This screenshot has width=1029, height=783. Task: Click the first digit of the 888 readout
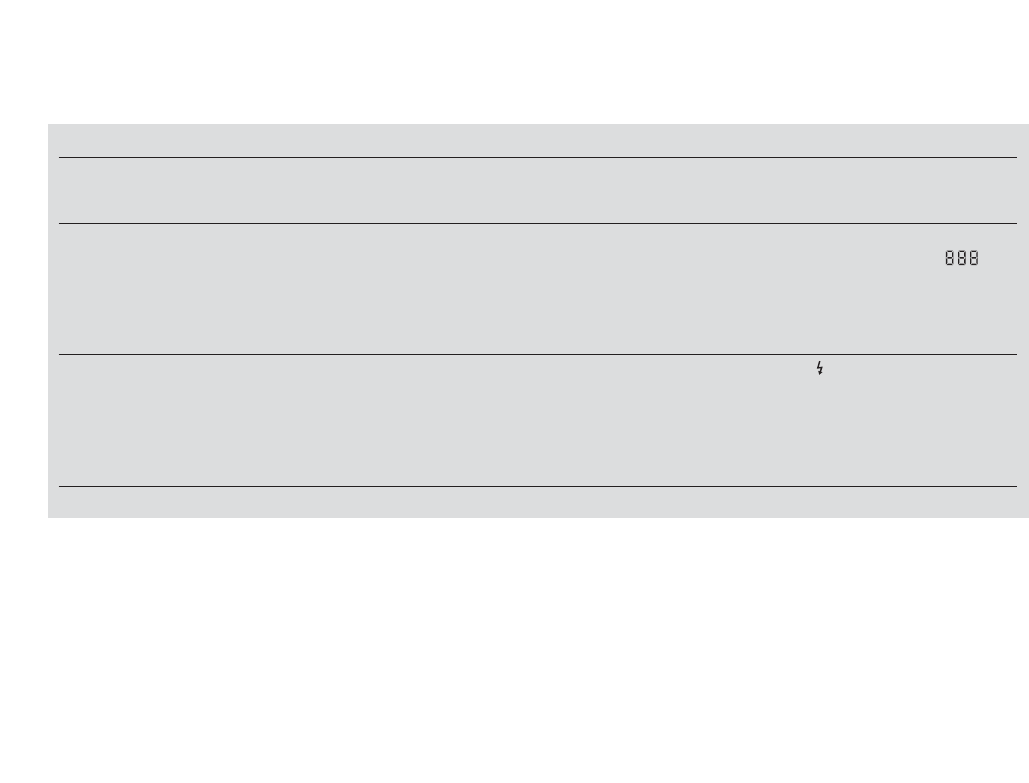click(950, 258)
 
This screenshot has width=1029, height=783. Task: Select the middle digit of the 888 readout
click(962, 258)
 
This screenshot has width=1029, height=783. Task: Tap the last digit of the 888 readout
click(974, 258)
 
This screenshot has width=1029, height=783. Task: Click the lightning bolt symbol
click(820, 368)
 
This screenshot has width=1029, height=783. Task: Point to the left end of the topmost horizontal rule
click(60, 157)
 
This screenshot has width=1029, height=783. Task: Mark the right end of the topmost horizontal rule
click(1015, 157)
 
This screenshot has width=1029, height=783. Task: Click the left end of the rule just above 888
click(60, 223)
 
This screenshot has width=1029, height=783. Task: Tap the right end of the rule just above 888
click(1015, 223)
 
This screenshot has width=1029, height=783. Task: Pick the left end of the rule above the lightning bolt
click(60, 354)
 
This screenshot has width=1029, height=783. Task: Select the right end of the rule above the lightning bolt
click(1015, 354)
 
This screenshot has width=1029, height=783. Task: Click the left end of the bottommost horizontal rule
click(60, 486)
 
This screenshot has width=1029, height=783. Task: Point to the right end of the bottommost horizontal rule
click(1015, 486)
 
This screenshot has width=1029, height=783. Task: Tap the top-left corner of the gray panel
click(49, 125)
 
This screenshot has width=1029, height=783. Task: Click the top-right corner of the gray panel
click(1027, 125)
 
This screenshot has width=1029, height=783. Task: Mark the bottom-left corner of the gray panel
click(49, 516)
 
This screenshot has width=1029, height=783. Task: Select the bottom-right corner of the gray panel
click(1027, 516)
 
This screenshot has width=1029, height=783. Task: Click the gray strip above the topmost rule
click(538, 140)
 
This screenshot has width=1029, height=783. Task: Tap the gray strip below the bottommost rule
click(538, 502)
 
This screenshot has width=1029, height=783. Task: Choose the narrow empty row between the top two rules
click(538, 190)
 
